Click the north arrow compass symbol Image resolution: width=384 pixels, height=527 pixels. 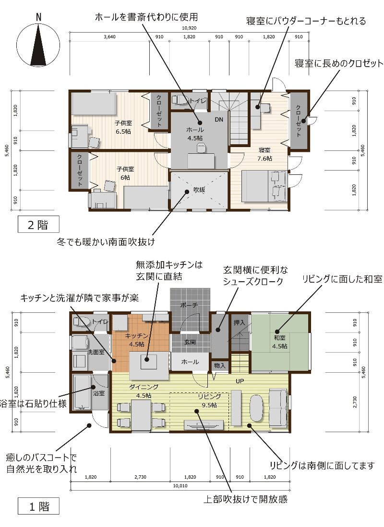pyautogui.click(x=38, y=43)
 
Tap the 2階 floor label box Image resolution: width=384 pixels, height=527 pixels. pyautogui.click(x=38, y=225)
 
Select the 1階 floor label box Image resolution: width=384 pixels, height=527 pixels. pyautogui.click(x=38, y=506)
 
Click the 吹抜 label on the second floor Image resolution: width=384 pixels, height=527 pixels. pyautogui.click(x=199, y=190)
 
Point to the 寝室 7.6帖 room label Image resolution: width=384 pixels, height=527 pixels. pyautogui.click(x=264, y=154)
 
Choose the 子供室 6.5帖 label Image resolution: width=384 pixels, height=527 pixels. pyautogui.click(x=123, y=127)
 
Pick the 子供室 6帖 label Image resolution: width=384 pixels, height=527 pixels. pyautogui.click(x=125, y=173)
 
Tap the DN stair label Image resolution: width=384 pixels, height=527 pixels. pyautogui.click(x=219, y=119)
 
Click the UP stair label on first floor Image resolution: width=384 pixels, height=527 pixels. pyautogui.click(x=240, y=381)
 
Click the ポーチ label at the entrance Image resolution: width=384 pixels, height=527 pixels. pyautogui.click(x=189, y=305)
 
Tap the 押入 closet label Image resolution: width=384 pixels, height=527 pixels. pyautogui.click(x=239, y=322)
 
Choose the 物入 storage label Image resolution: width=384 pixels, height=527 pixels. pyautogui.click(x=219, y=365)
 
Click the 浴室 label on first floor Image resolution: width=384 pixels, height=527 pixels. pyautogui.click(x=99, y=393)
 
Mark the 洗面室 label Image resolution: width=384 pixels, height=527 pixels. pyautogui.click(x=96, y=352)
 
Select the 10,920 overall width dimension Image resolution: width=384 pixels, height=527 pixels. pyautogui.click(x=189, y=28)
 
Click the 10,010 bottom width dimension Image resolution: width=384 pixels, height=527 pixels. pyautogui.click(x=180, y=486)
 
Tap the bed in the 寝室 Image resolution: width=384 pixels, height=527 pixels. pyautogui.click(x=264, y=186)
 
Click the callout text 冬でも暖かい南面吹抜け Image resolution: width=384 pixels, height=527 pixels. pyautogui.click(x=106, y=241)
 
